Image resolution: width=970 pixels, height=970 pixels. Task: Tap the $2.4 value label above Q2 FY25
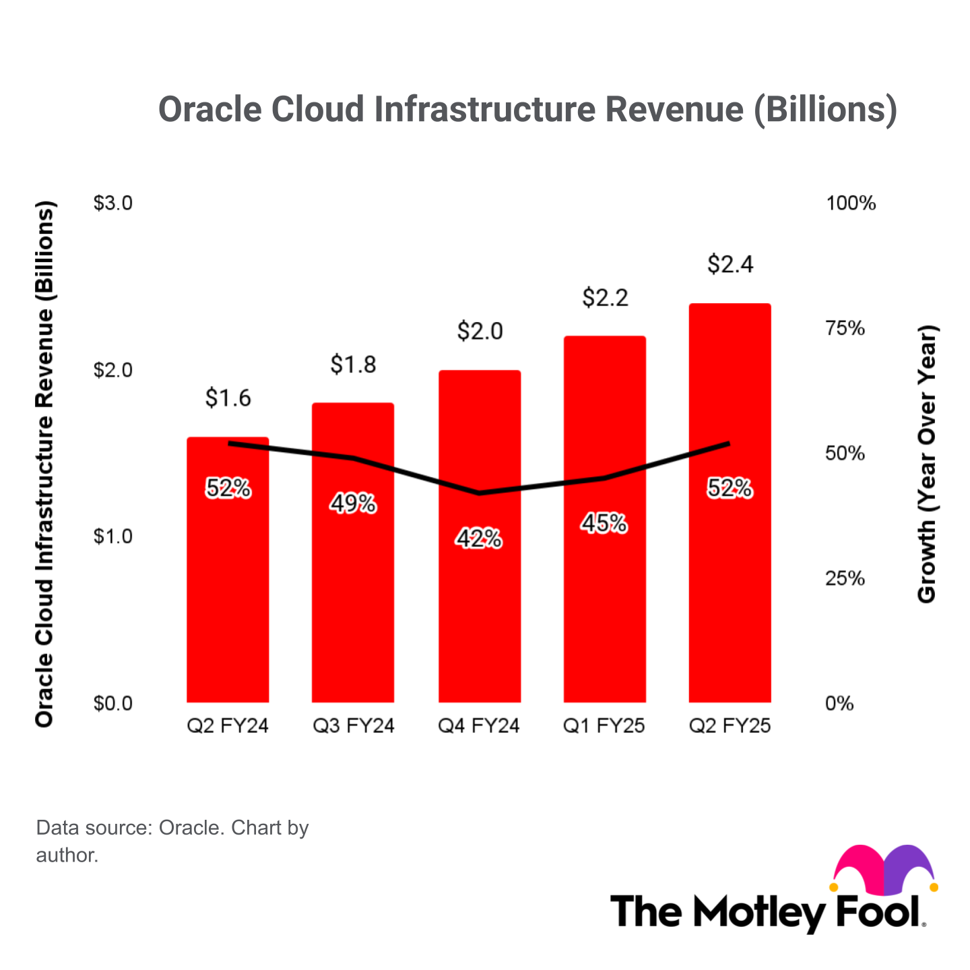(x=730, y=264)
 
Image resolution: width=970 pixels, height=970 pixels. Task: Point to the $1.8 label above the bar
(x=353, y=364)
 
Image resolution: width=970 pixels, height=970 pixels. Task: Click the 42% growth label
(x=479, y=539)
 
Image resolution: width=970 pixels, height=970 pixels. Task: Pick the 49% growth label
(x=353, y=503)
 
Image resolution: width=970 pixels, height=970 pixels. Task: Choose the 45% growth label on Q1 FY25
(x=604, y=523)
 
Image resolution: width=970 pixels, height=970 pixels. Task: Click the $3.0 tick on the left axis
(x=112, y=203)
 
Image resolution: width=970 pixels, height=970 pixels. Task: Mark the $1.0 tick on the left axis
(x=112, y=536)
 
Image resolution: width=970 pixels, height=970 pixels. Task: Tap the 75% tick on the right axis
(x=845, y=328)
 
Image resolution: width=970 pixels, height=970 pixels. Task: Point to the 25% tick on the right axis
(x=845, y=579)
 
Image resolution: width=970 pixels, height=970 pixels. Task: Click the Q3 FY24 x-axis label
(x=354, y=725)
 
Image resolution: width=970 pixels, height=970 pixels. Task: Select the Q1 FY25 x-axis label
(x=604, y=725)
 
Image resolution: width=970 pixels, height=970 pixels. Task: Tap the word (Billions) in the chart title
(x=825, y=109)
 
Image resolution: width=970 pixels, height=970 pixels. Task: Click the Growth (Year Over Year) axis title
(x=927, y=465)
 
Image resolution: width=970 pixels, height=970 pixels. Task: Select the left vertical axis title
(x=44, y=465)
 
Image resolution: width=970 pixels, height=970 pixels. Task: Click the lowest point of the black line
(x=479, y=493)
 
